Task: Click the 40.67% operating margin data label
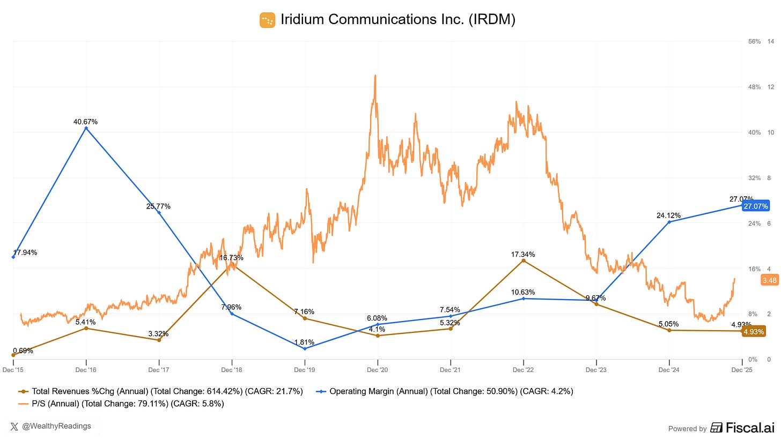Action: coord(86,122)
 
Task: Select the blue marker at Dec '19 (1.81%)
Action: coord(305,348)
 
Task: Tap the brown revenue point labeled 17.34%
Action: coord(524,261)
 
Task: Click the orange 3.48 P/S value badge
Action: coord(769,280)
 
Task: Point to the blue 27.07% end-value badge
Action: coord(755,206)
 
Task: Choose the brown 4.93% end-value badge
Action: coord(754,331)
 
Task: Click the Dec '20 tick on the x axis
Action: coord(378,370)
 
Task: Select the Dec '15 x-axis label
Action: coord(13,370)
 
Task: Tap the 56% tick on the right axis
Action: coord(754,41)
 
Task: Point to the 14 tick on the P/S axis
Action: coord(770,41)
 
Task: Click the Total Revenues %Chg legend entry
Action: coord(161,391)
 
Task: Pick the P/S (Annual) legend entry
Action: coord(122,404)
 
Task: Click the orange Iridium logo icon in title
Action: coord(267,20)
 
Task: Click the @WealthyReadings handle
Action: coord(56,426)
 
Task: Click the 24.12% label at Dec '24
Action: coord(668,215)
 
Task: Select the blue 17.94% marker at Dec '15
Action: coord(13,257)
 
